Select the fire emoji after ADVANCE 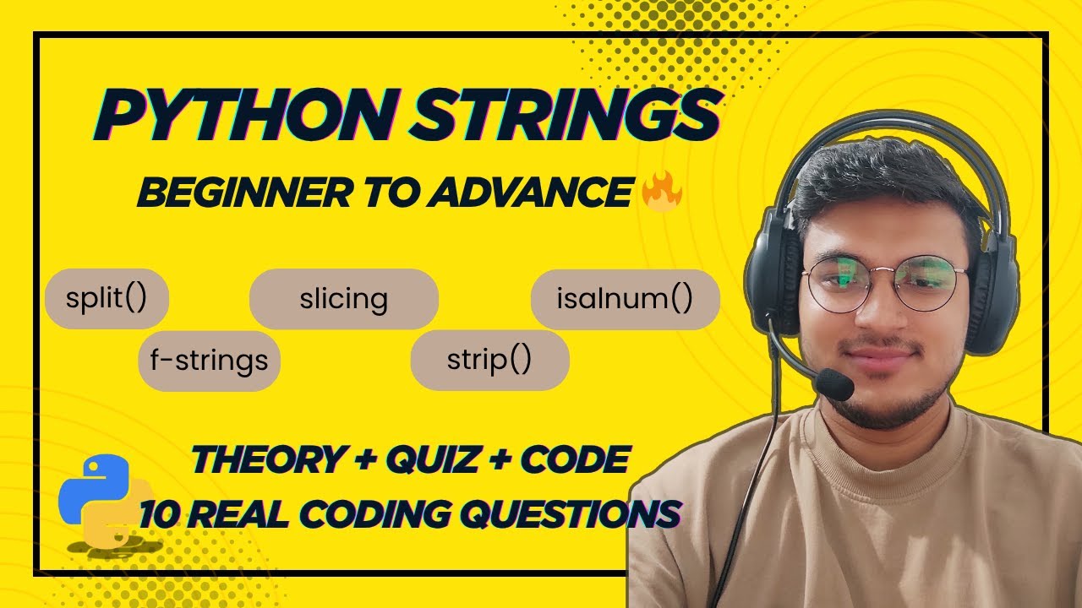[x=662, y=193]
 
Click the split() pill [x=107, y=298]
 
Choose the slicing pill [x=343, y=298]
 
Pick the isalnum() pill [x=625, y=298]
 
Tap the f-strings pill [x=209, y=361]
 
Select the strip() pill [x=489, y=361]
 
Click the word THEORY [x=265, y=460]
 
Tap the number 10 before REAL [x=159, y=513]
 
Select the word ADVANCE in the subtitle [x=529, y=194]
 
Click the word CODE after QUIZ [x=575, y=460]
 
